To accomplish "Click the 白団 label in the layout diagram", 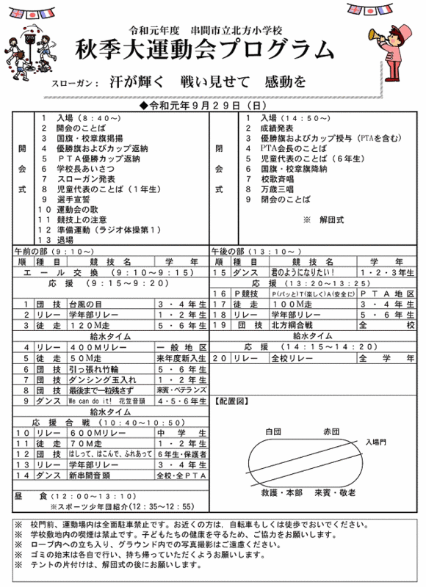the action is pyautogui.click(x=274, y=432).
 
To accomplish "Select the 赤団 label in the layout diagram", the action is pyautogui.click(x=331, y=432).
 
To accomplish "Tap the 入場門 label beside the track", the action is pyautogui.click(x=377, y=442).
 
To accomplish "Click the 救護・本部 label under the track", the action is pyautogui.click(x=277, y=493).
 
